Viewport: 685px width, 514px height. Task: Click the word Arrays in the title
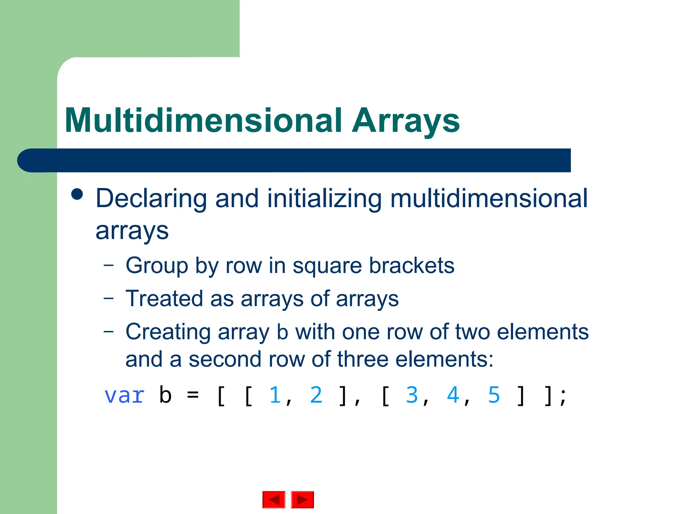(x=405, y=121)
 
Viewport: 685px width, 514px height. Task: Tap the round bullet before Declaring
(x=77, y=194)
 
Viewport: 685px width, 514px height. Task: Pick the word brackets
(x=411, y=266)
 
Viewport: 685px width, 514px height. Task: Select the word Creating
(x=168, y=332)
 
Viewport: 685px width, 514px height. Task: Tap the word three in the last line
(x=363, y=359)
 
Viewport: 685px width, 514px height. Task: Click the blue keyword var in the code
(x=124, y=396)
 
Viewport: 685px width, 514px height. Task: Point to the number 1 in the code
(x=275, y=395)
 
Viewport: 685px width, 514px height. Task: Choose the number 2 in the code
(x=316, y=395)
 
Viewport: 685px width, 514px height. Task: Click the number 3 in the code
(x=412, y=395)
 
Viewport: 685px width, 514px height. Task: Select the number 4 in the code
(x=453, y=395)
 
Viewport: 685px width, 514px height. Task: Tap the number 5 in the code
(x=494, y=395)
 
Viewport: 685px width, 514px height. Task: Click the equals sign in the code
(x=193, y=396)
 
